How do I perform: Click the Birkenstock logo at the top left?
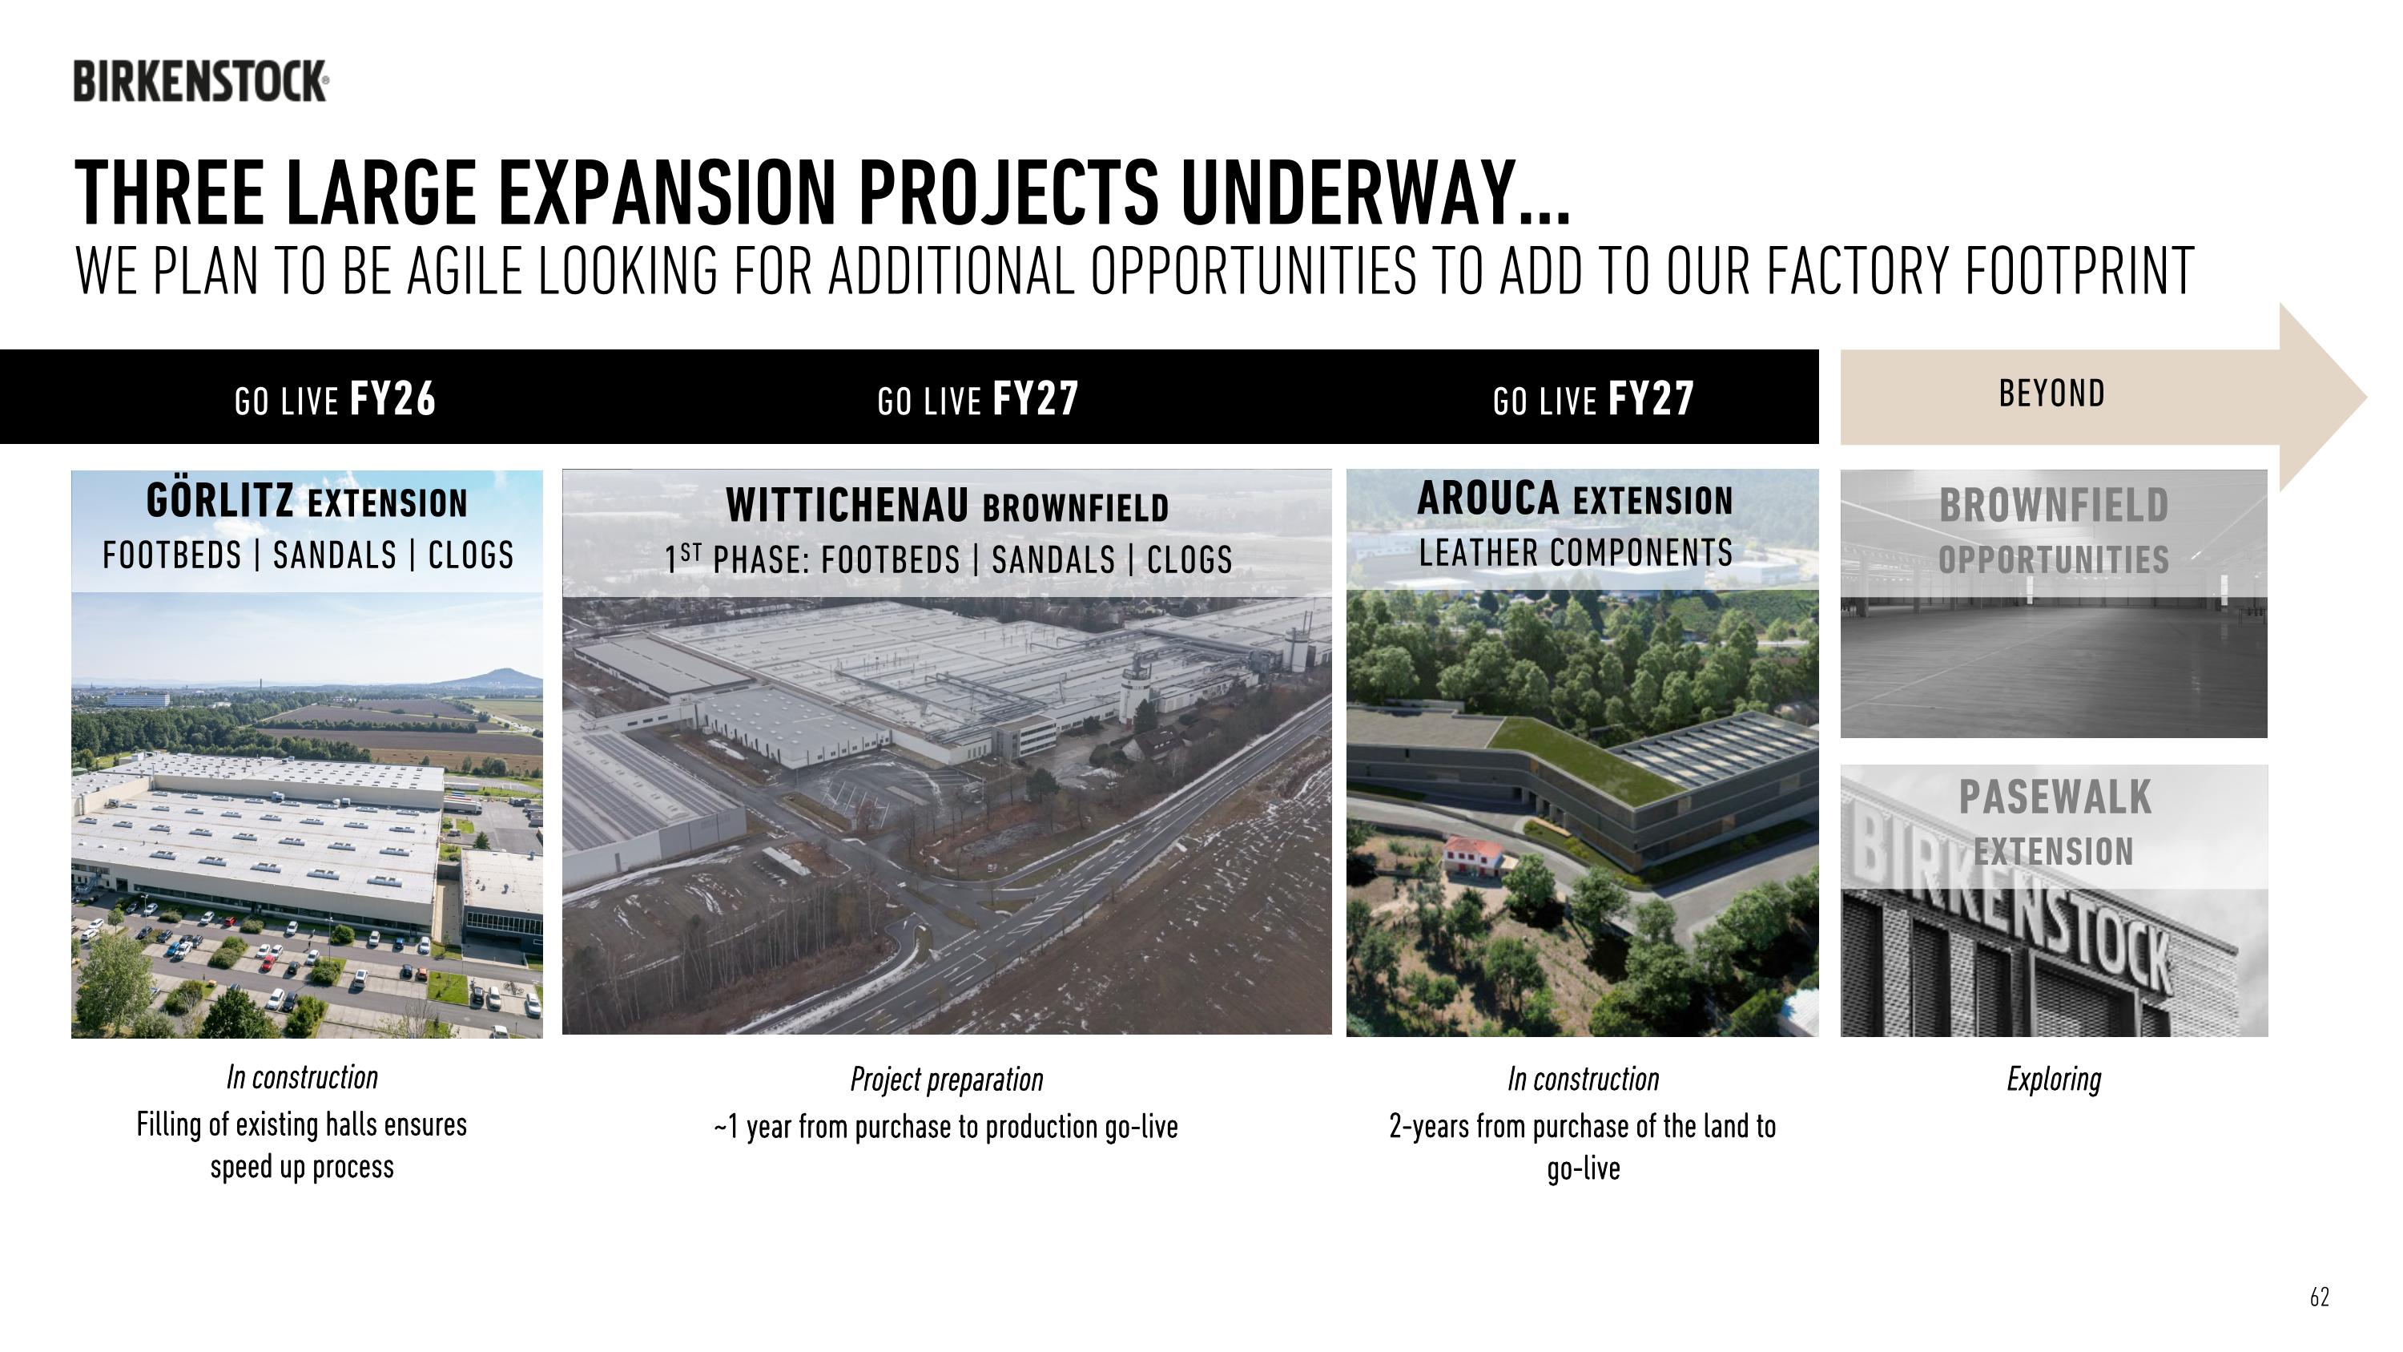click(x=200, y=81)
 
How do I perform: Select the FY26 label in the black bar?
click(x=392, y=398)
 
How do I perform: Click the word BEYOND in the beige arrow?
click(x=2051, y=393)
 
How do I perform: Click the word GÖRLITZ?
click(x=220, y=501)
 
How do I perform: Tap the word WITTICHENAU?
click(x=847, y=506)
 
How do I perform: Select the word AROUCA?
click(x=1488, y=498)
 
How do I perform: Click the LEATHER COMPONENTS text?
click(x=1576, y=552)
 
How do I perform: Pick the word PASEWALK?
click(x=2054, y=797)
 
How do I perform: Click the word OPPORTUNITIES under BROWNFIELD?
click(x=2053, y=560)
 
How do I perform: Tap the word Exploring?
click(x=2053, y=1080)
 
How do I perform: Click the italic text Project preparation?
click(x=946, y=1080)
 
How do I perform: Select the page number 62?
click(x=2319, y=1297)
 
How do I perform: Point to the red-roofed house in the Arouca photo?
click(x=1473, y=852)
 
